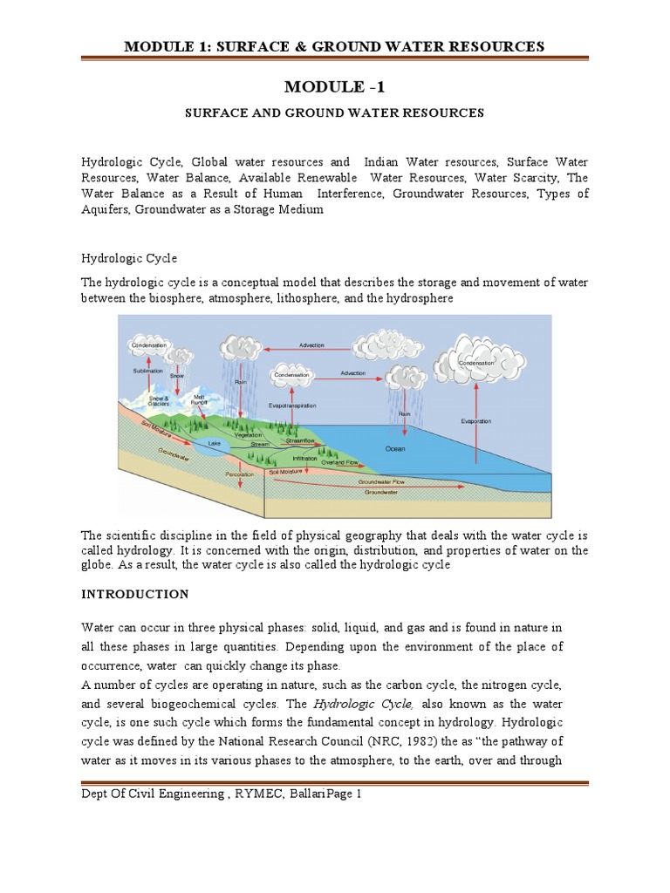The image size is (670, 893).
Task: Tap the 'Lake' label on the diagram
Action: click(215, 443)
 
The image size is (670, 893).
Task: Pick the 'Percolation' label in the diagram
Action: click(239, 474)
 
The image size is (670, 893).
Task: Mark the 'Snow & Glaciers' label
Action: click(159, 399)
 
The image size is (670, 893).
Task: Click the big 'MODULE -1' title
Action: click(334, 87)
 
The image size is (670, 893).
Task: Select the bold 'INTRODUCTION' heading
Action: click(134, 594)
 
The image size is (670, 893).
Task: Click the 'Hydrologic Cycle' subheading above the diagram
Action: click(129, 259)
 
